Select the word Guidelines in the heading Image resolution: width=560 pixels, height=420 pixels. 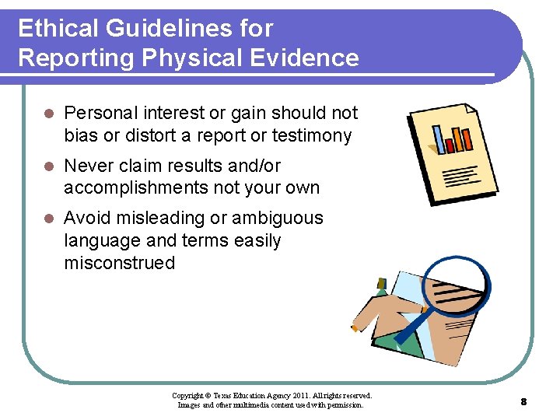click(x=166, y=29)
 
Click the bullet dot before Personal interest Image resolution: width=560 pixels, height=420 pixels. click(x=48, y=114)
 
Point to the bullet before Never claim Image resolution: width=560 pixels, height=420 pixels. click(x=48, y=166)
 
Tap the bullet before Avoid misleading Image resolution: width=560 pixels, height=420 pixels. click(x=48, y=219)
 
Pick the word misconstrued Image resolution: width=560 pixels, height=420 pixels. click(x=120, y=263)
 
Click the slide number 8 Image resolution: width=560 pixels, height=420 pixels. click(x=523, y=401)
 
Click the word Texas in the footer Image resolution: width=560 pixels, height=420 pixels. click(x=224, y=396)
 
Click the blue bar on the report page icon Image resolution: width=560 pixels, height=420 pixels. click(x=449, y=139)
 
